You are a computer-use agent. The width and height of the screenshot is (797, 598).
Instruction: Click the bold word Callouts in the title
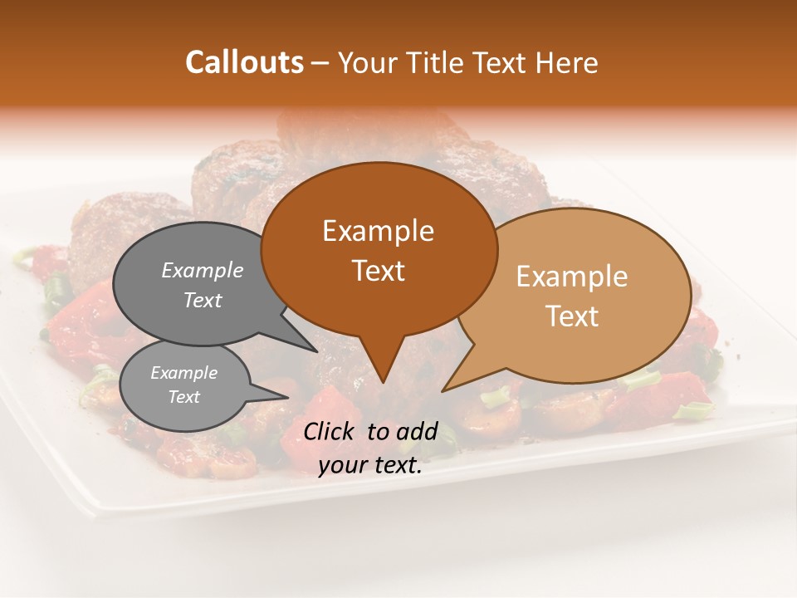click(x=244, y=62)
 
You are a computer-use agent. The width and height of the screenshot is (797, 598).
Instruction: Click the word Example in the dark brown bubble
click(x=378, y=231)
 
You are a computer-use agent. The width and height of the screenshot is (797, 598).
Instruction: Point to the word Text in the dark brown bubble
click(x=378, y=270)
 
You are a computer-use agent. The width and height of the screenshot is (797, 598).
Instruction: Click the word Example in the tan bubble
click(x=572, y=277)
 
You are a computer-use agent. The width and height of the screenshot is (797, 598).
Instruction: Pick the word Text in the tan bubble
click(x=572, y=316)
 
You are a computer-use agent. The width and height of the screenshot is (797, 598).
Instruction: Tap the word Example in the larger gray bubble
click(x=203, y=270)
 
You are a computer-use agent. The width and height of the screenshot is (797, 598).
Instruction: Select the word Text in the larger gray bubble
click(x=203, y=300)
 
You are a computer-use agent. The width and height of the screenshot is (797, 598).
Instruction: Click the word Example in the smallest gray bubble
click(x=183, y=373)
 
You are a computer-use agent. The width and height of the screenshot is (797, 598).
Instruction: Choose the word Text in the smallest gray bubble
click(x=183, y=397)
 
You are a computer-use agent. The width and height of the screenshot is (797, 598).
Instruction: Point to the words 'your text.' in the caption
click(x=370, y=465)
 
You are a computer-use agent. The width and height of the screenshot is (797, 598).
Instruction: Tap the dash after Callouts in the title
click(x=320, y=62)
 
